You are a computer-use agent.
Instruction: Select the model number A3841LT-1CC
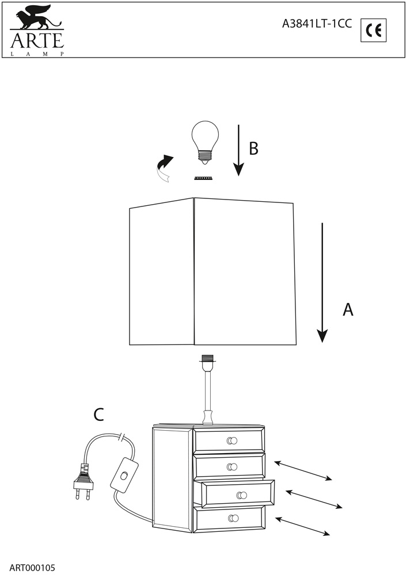pyautogui.click(x=317, y=24)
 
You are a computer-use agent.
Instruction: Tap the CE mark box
pyautogui.click(x=374, y=30)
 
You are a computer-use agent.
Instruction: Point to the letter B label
pyautogui.click(x=253, y=148)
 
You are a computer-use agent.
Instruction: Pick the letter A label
pyautogui.click(x=347, y=309)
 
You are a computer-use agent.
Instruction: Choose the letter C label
pyautogui.click(x=99, y=414)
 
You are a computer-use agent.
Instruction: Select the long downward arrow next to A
pyautogui.click(x=322, y=282)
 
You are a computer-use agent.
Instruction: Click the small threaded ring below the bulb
pyautogui.click(x=203, y=178)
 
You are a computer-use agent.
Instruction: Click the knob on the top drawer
pyautogui.click(x=232, y=441)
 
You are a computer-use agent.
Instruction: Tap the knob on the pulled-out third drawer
pyautogui.click(x=242, y=495)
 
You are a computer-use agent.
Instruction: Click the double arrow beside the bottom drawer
pyautogui.click(x=303, y=527)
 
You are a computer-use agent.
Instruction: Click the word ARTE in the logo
pyautogui.click(x=35, y=41)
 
